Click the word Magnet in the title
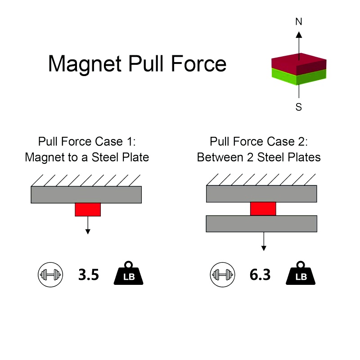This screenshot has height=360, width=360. click(x=84, y=63)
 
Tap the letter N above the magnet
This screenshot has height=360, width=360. click(x=299, y=21)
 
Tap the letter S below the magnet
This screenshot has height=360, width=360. click(x=299, y=107)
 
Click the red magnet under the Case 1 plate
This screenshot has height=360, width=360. click(x=88, y=209)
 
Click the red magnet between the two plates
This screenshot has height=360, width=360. click(x=263, y=209)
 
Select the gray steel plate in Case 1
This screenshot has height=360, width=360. click(x=86, y=194)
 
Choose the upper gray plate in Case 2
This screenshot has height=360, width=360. click(x=261, y=194)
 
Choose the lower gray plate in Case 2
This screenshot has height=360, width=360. click(x=261, y=224)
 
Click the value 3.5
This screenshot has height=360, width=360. click(x=88, y=275)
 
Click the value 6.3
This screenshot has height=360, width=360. click(x=260, y=275)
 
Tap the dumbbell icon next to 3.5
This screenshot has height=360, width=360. click(x=49, y=274)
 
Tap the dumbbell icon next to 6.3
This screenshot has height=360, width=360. click(x=221, y=274)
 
